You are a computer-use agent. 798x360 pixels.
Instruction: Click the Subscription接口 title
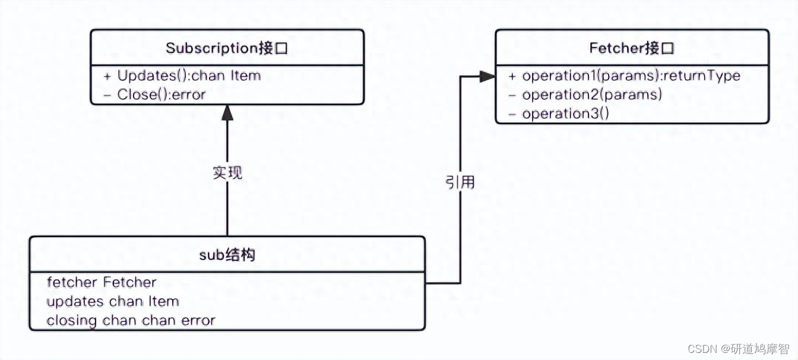[227, 48]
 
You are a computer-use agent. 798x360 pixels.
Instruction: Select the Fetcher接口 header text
[632, 48]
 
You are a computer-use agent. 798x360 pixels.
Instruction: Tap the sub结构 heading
[227, 255]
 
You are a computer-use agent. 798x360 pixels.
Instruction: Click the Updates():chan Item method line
[189, 76]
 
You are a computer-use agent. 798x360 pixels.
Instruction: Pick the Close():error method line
[161, 94]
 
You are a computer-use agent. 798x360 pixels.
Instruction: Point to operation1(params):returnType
[631, 76]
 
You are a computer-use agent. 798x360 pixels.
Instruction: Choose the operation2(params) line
[592, 94]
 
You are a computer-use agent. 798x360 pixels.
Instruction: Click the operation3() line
[565, 113]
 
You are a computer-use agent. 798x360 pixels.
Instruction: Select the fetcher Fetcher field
[102, 282]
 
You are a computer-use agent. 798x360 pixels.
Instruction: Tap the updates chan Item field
[113, 301]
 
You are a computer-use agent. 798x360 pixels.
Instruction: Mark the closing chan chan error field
[131, 320]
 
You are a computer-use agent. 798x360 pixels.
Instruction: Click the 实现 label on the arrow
[227, 173]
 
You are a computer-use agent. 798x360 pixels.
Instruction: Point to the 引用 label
[460, 182]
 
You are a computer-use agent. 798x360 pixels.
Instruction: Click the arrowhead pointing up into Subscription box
[227, 113]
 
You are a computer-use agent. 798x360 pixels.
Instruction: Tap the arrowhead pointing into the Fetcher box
[488, 76]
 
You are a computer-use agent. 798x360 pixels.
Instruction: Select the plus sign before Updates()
[107, 76]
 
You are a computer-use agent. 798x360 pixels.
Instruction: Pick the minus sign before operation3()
[512, 113]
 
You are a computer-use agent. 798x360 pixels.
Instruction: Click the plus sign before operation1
[512, 76]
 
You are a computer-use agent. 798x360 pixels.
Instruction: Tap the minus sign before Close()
[107, 94]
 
